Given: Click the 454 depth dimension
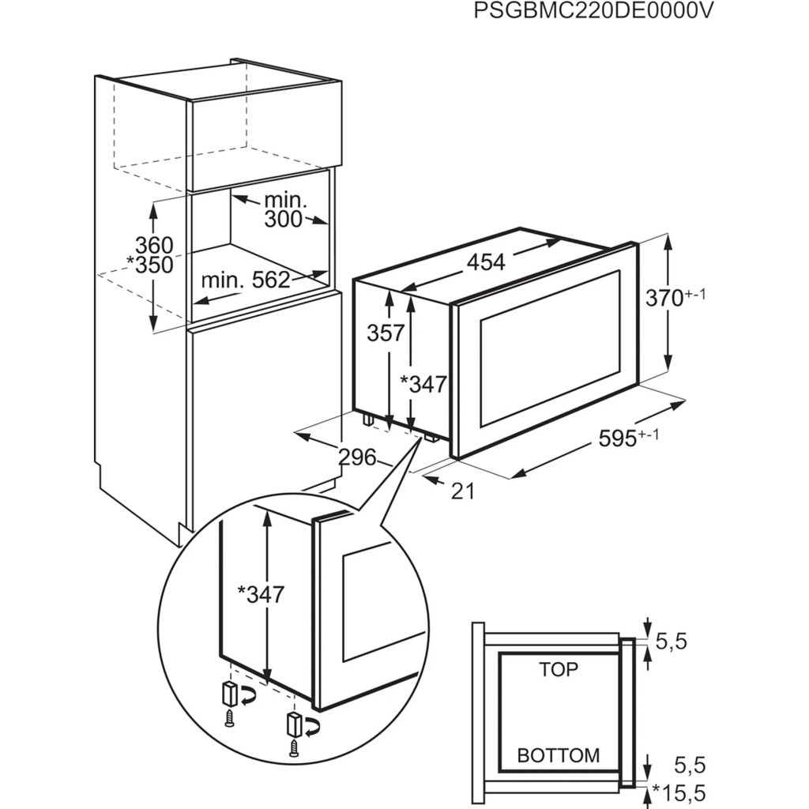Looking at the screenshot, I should click(x=485, y=262).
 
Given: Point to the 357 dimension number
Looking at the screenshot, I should click(x=386, y=333).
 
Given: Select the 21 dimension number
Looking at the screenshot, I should click(x=463, y=491).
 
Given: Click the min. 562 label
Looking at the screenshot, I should click(x=245, y=280).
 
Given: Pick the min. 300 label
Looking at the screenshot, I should click(x=283, y=210).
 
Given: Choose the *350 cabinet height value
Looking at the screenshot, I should click(x=149, y=265).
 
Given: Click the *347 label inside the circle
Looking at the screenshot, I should click(x=260, y=594).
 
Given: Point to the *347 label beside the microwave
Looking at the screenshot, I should click(x=424, y=385).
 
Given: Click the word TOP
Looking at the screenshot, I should click(x=559, y=671).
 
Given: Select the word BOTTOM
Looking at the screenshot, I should click(x=559, y=755).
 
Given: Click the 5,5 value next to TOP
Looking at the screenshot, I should click(x=672, y=642).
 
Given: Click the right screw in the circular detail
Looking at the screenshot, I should click(x=294, y=747).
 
